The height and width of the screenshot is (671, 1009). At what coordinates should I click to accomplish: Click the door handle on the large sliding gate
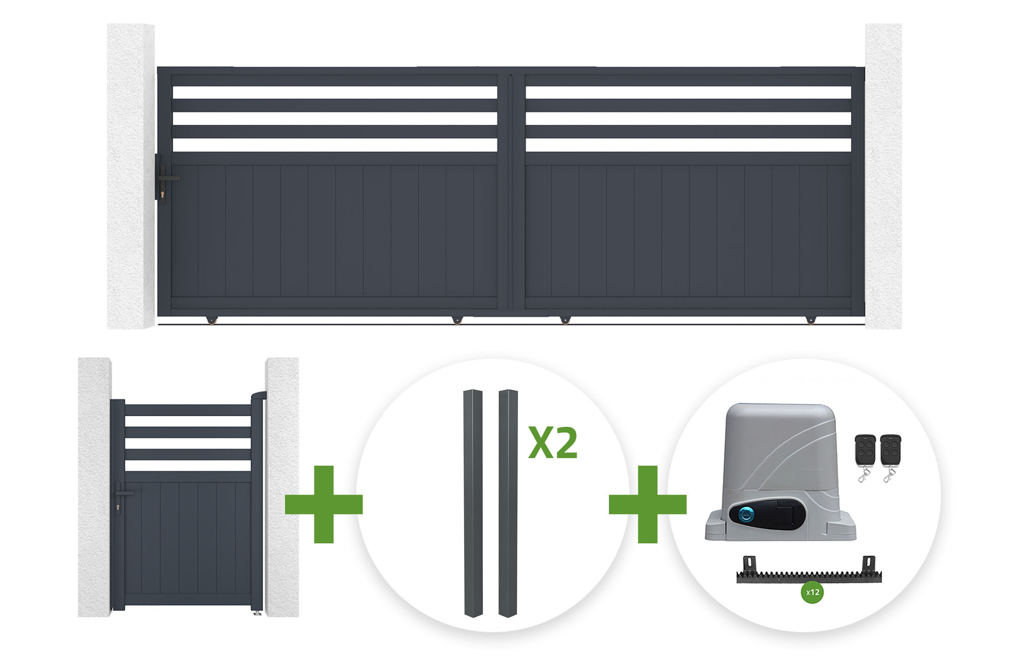(x=169, y=178)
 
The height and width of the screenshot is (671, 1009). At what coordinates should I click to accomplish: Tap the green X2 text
(x=553, y=443)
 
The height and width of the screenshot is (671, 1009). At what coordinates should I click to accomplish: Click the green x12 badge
(x=812, y=592)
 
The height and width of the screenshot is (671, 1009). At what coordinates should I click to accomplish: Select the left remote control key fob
(x=865, y=457)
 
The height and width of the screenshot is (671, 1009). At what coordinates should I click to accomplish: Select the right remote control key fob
(x=890, y=457)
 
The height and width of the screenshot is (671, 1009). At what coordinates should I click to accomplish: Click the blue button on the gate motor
(x=746, y=515)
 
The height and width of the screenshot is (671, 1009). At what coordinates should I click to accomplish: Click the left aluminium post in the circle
(x=473, y=503)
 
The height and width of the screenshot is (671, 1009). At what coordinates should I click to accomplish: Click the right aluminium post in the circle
(x=509, y=503)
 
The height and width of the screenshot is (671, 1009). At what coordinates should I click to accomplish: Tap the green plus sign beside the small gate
(x=324, y=504)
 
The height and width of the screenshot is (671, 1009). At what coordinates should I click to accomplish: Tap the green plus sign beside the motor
(x=648, y=504)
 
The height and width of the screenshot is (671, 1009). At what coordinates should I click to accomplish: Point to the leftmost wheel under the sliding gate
(x=211, y=320)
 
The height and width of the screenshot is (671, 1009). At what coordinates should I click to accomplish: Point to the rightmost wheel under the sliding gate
(x=810, y=320)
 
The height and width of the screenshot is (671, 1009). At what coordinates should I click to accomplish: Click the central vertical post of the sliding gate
(x=512, y=192)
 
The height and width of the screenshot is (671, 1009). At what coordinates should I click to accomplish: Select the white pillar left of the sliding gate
(x=131, y=177)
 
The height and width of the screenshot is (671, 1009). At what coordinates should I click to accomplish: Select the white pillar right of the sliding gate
(x=883, y=177)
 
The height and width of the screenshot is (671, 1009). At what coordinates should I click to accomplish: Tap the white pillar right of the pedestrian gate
(x=282, y=487)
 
